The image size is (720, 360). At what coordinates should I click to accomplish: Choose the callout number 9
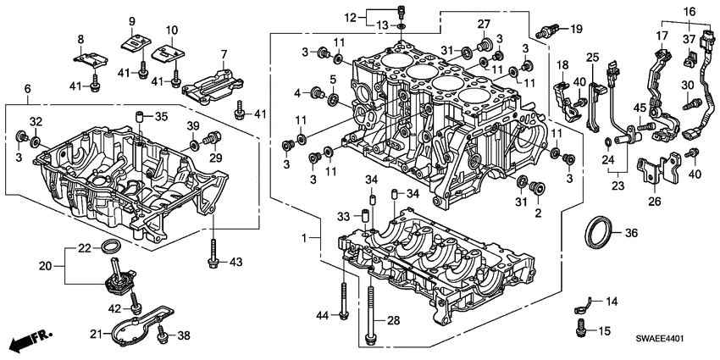click(132, 20)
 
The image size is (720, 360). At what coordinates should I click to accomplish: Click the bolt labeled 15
click(580, 324)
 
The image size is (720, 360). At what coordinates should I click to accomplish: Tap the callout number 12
click(352, 17)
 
